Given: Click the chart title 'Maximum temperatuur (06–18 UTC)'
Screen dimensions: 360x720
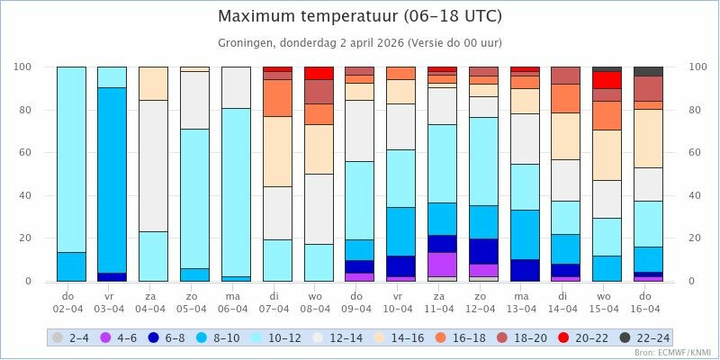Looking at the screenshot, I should [360, 16].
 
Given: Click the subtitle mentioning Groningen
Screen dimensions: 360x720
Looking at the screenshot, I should [360, 42].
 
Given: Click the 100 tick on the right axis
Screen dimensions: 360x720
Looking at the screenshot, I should [697, 67].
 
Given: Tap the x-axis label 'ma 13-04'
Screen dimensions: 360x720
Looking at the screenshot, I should [525, 301].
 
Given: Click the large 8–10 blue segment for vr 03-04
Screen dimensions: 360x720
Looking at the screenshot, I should [112, 180].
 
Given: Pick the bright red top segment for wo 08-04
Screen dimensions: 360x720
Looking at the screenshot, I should [319, 73].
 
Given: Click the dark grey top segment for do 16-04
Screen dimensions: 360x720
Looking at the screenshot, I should [648, 71].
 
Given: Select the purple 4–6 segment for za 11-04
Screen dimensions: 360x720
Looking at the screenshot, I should [442, 265].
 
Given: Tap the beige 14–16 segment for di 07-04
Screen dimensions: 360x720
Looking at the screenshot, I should [277, 151].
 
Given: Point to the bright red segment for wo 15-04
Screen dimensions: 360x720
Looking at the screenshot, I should [607, 79].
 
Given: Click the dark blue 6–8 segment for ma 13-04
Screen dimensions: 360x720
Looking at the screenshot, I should [525, 270].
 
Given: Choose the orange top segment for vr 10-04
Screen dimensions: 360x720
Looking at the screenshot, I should [401, 73].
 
